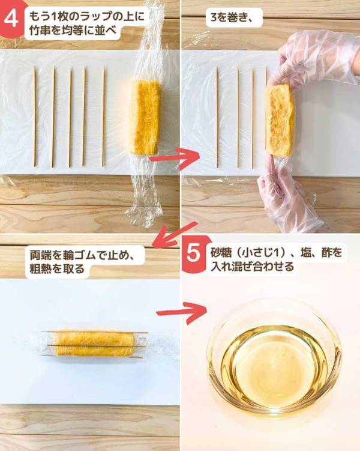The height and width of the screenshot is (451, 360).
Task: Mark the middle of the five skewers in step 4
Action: (70, 117)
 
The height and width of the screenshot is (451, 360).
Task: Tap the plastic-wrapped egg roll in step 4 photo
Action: (146, 117)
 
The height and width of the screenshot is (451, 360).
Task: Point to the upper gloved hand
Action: (300, 57)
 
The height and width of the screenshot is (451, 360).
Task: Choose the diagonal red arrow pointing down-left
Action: (175, 234)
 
